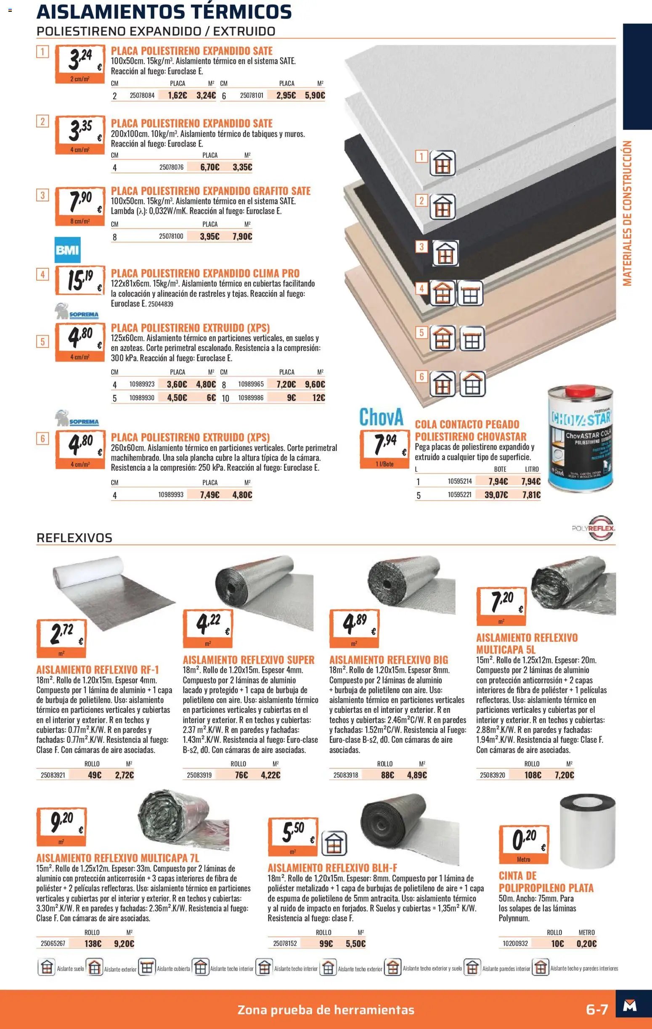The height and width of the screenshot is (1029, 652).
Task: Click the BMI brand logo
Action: tap(68, 250)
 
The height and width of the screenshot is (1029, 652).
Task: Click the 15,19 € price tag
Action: tap(80, 280)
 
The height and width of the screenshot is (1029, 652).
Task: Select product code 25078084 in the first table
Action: tap(142, 95)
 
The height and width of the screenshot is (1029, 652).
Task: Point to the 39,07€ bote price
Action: tap(496, 495)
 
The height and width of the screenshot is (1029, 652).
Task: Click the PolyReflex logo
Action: tap(594, 528)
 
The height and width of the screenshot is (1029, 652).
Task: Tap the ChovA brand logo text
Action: tap(381, 417)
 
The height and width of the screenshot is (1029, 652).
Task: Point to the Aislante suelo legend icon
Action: tap(47, 970)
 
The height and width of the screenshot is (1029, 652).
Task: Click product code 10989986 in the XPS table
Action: tap(251, 398)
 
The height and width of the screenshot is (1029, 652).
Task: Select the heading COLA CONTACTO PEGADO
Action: tap(467, 424)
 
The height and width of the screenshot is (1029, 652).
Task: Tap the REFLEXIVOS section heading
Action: tap(74, 538)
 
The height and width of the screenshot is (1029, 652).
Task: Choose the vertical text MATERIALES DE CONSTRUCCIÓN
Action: tap(627, 213)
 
